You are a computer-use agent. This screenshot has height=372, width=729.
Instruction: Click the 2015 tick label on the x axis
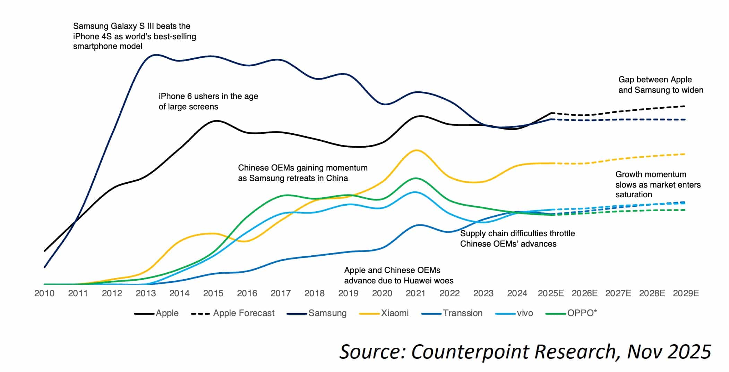click(213, 294)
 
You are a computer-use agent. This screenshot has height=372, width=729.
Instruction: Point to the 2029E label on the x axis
click(686, 294)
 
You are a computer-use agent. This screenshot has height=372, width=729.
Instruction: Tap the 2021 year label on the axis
click(415, 294)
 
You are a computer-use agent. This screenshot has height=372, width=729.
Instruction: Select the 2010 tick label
click(44, 294)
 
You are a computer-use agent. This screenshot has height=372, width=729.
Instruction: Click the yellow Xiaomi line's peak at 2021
click(416, 150)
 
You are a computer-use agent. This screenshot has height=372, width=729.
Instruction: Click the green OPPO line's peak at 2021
click(416, 178)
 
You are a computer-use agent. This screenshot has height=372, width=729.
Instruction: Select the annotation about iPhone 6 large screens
click(208, 101)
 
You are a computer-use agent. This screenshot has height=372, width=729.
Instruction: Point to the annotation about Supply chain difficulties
click(517, 239)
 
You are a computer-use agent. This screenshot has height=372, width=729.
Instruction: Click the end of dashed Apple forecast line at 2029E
click(685, 106)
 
